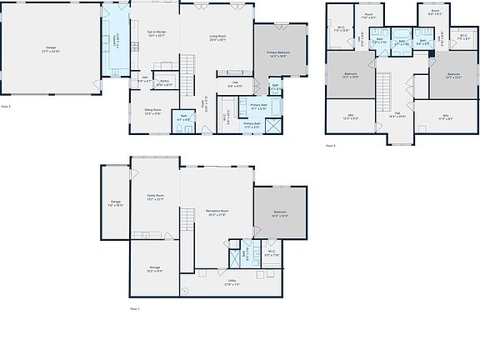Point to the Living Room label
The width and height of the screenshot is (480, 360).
[218, 38]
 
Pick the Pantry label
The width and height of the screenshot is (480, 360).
[165, 82]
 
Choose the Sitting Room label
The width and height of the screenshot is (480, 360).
[152, 111]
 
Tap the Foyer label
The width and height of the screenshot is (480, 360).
[209, 103]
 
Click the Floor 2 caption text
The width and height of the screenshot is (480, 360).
[6, 107]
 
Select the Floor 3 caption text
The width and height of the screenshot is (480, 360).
[330, 145]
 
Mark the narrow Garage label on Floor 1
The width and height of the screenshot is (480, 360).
[116, 202]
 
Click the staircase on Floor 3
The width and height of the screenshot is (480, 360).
[385, 86]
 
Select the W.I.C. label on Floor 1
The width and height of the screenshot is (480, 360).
[272, 253]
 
